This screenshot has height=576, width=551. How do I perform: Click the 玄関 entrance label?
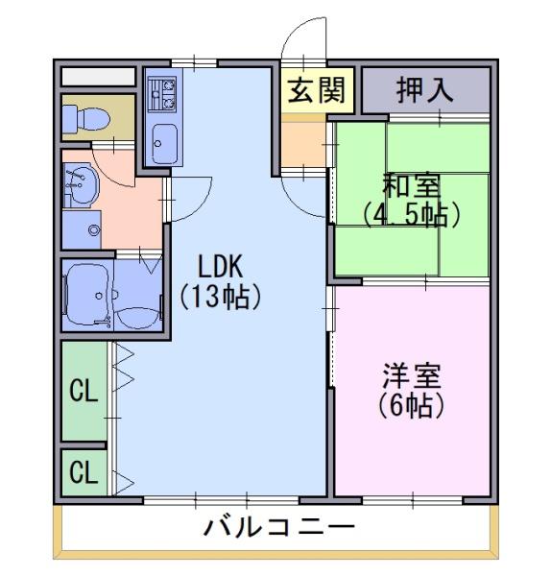point(316,90)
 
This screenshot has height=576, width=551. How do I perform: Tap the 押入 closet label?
point(424,89)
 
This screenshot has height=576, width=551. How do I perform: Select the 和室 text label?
point(412,186)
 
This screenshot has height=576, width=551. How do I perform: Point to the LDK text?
point(221,267)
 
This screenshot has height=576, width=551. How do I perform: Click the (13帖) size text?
point(221,297)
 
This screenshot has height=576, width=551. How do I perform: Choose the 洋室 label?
point(412,376)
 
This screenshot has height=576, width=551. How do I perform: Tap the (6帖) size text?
point(412,405)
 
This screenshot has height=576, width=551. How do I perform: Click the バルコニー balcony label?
point(279,527)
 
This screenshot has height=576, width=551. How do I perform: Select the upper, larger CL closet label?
point(84,391)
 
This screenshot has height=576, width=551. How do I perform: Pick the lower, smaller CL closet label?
point(84,472)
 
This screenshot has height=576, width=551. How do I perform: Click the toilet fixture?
point(86,118)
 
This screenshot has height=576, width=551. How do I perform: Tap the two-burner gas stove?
point(162,94)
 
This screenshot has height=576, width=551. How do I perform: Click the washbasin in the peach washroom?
point(82,185)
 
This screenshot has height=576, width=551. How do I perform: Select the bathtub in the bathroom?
point(88,295)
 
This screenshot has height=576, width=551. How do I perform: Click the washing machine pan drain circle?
point(94,230)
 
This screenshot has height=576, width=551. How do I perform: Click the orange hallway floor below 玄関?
point(303,144)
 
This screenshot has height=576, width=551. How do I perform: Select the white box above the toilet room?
point(98,77)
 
